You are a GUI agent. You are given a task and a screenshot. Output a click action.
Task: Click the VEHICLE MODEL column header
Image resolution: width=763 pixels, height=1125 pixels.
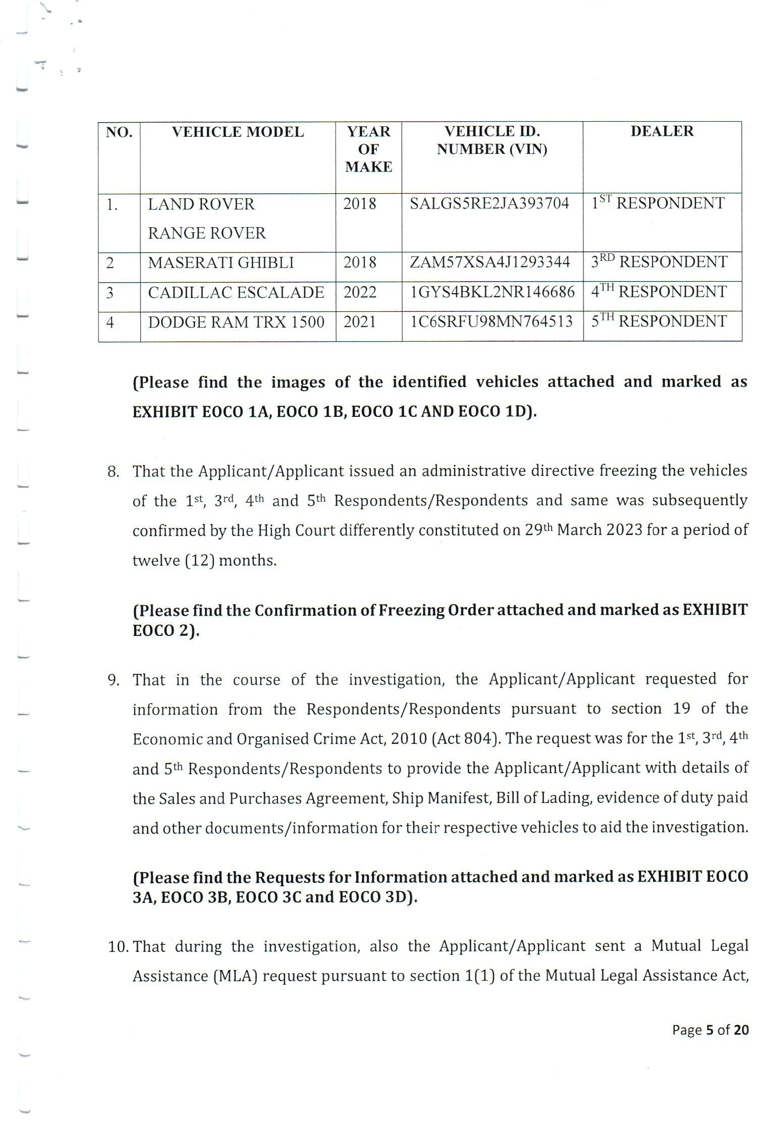pyautogui.click(x=238, y=132)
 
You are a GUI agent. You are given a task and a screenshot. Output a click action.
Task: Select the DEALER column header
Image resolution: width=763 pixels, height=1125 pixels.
pyautogui.click(x=662, y=131)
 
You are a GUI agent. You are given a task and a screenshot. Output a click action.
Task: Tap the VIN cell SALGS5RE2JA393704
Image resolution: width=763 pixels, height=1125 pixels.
pyautogui.click(x=489, y=203)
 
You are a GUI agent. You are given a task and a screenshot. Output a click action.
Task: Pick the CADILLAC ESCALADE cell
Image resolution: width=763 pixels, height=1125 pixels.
pyautogui.click(x=236, y=293)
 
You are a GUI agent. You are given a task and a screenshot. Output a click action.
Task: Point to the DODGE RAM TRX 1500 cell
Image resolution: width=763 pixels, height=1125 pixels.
pyautogui.click(x=236, y=322)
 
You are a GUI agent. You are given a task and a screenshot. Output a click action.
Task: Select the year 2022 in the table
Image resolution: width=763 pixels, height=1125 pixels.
pyautogui.click(x=360, y=293)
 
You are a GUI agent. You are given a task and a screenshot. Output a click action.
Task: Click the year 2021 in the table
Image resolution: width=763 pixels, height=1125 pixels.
pyautogui.click(x=360, y=322)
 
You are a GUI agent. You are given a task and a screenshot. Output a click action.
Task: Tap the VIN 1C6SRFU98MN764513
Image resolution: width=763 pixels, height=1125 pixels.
pyautogui.click(x=492, y=322)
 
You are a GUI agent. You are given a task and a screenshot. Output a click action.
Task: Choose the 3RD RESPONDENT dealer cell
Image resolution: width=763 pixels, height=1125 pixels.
pyautogui.click(x=659, y=262)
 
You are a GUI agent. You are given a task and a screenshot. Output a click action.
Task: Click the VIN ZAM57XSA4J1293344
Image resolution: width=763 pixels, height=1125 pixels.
pyautogui.click(x=489, y=262)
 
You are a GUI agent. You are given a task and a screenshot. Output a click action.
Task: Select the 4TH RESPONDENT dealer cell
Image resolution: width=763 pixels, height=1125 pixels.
pyautogui.click(x=659, y=292)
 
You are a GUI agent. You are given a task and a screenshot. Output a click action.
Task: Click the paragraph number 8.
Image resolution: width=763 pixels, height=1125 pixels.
pyautogui.click(x=113, y=472)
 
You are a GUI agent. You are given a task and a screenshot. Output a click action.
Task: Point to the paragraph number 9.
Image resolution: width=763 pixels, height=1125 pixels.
pyautogui.click(x=113, y=680)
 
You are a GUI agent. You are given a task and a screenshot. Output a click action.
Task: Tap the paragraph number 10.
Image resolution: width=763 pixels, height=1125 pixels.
pyautogui.click(x=118, y=946)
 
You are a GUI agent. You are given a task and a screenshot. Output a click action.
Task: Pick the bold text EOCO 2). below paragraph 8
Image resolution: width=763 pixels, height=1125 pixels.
pyautogui.click(x=166, y=631)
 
